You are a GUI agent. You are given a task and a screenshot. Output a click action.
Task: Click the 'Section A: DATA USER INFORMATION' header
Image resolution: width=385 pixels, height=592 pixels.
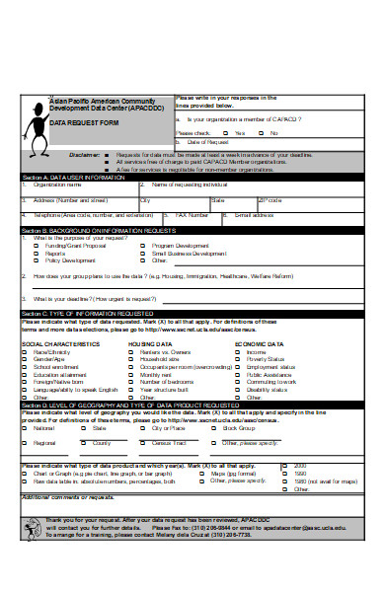tap(74, 177)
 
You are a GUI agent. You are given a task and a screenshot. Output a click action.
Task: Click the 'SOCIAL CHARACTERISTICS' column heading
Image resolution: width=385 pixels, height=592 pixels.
tap(60, 343)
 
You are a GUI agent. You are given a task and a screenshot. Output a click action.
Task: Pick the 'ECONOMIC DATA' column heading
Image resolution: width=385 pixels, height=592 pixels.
tap(259, 343)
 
